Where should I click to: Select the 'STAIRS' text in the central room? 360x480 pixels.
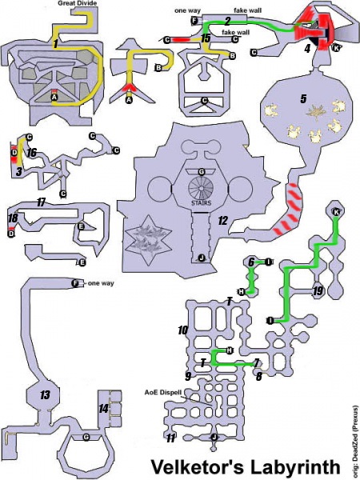coord(201,203)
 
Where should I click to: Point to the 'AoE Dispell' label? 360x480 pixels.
coord(163,393)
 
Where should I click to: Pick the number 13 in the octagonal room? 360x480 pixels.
coord(44,394)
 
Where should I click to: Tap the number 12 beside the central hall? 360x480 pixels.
coord(222,221)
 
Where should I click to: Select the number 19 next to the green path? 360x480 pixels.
coord(317,291)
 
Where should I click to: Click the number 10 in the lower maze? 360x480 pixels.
coord(182,330)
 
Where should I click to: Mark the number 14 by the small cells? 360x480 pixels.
coord(102,408)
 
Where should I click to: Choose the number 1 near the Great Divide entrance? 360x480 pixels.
coord(54,45)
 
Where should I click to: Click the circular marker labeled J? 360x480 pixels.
coord(201,258)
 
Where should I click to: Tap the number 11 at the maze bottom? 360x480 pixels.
coord(170,437)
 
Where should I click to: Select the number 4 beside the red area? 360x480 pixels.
coord(307,48)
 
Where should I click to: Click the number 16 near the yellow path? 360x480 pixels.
coord(31,151)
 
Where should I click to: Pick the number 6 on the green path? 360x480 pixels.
coord(250,262)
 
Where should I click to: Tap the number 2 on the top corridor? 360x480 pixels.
coord(228,20)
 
